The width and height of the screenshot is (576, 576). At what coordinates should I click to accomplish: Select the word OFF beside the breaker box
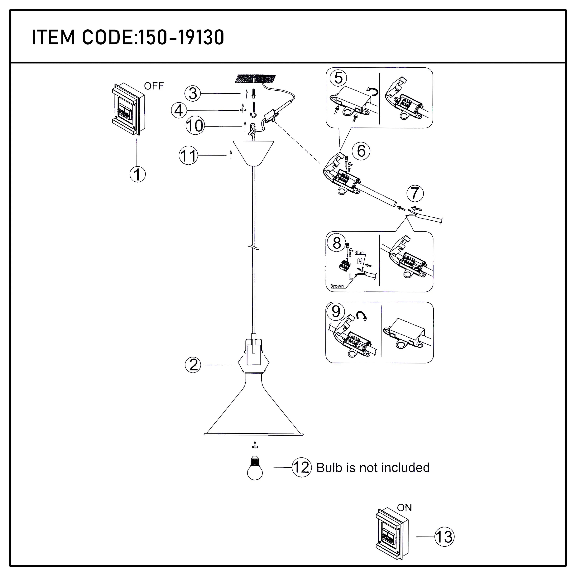click(x=154, y=86)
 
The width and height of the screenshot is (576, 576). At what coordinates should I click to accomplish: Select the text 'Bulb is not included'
click(x=373, y=468)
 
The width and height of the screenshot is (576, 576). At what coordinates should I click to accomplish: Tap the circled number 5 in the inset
click(x=338, y=78)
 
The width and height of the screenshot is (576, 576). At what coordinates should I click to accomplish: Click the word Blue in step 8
click(x=359, y=252)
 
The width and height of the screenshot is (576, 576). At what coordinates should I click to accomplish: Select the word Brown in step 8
click(x=337, y=286)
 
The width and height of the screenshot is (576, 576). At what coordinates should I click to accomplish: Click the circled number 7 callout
click(x=415, y=194)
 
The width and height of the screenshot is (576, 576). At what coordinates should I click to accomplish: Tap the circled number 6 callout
click(x=361, y=151)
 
